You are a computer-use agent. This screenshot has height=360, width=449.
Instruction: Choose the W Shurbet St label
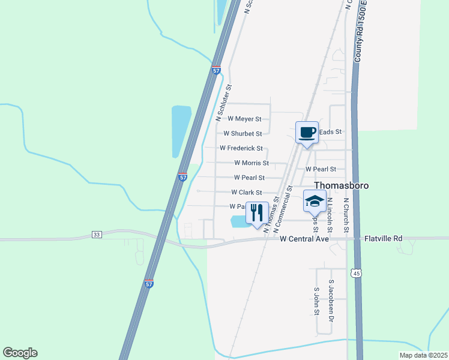[243, 134]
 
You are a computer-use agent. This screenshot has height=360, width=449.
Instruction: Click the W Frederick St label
[241, 148]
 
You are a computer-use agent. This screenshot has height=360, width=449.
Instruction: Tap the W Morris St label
[252, 163]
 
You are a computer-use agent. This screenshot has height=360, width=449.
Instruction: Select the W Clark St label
[247, 193]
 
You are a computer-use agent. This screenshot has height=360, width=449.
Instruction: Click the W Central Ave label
[305, 239]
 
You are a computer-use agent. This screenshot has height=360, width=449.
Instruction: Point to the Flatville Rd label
[384, 239]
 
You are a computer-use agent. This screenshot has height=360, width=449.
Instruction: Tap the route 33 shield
[97, 234]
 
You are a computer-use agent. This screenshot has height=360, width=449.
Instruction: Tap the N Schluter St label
[221, 100]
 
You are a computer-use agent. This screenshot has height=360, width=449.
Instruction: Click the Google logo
[20, 353]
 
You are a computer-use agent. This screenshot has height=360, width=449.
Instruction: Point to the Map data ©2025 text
[423, 355]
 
